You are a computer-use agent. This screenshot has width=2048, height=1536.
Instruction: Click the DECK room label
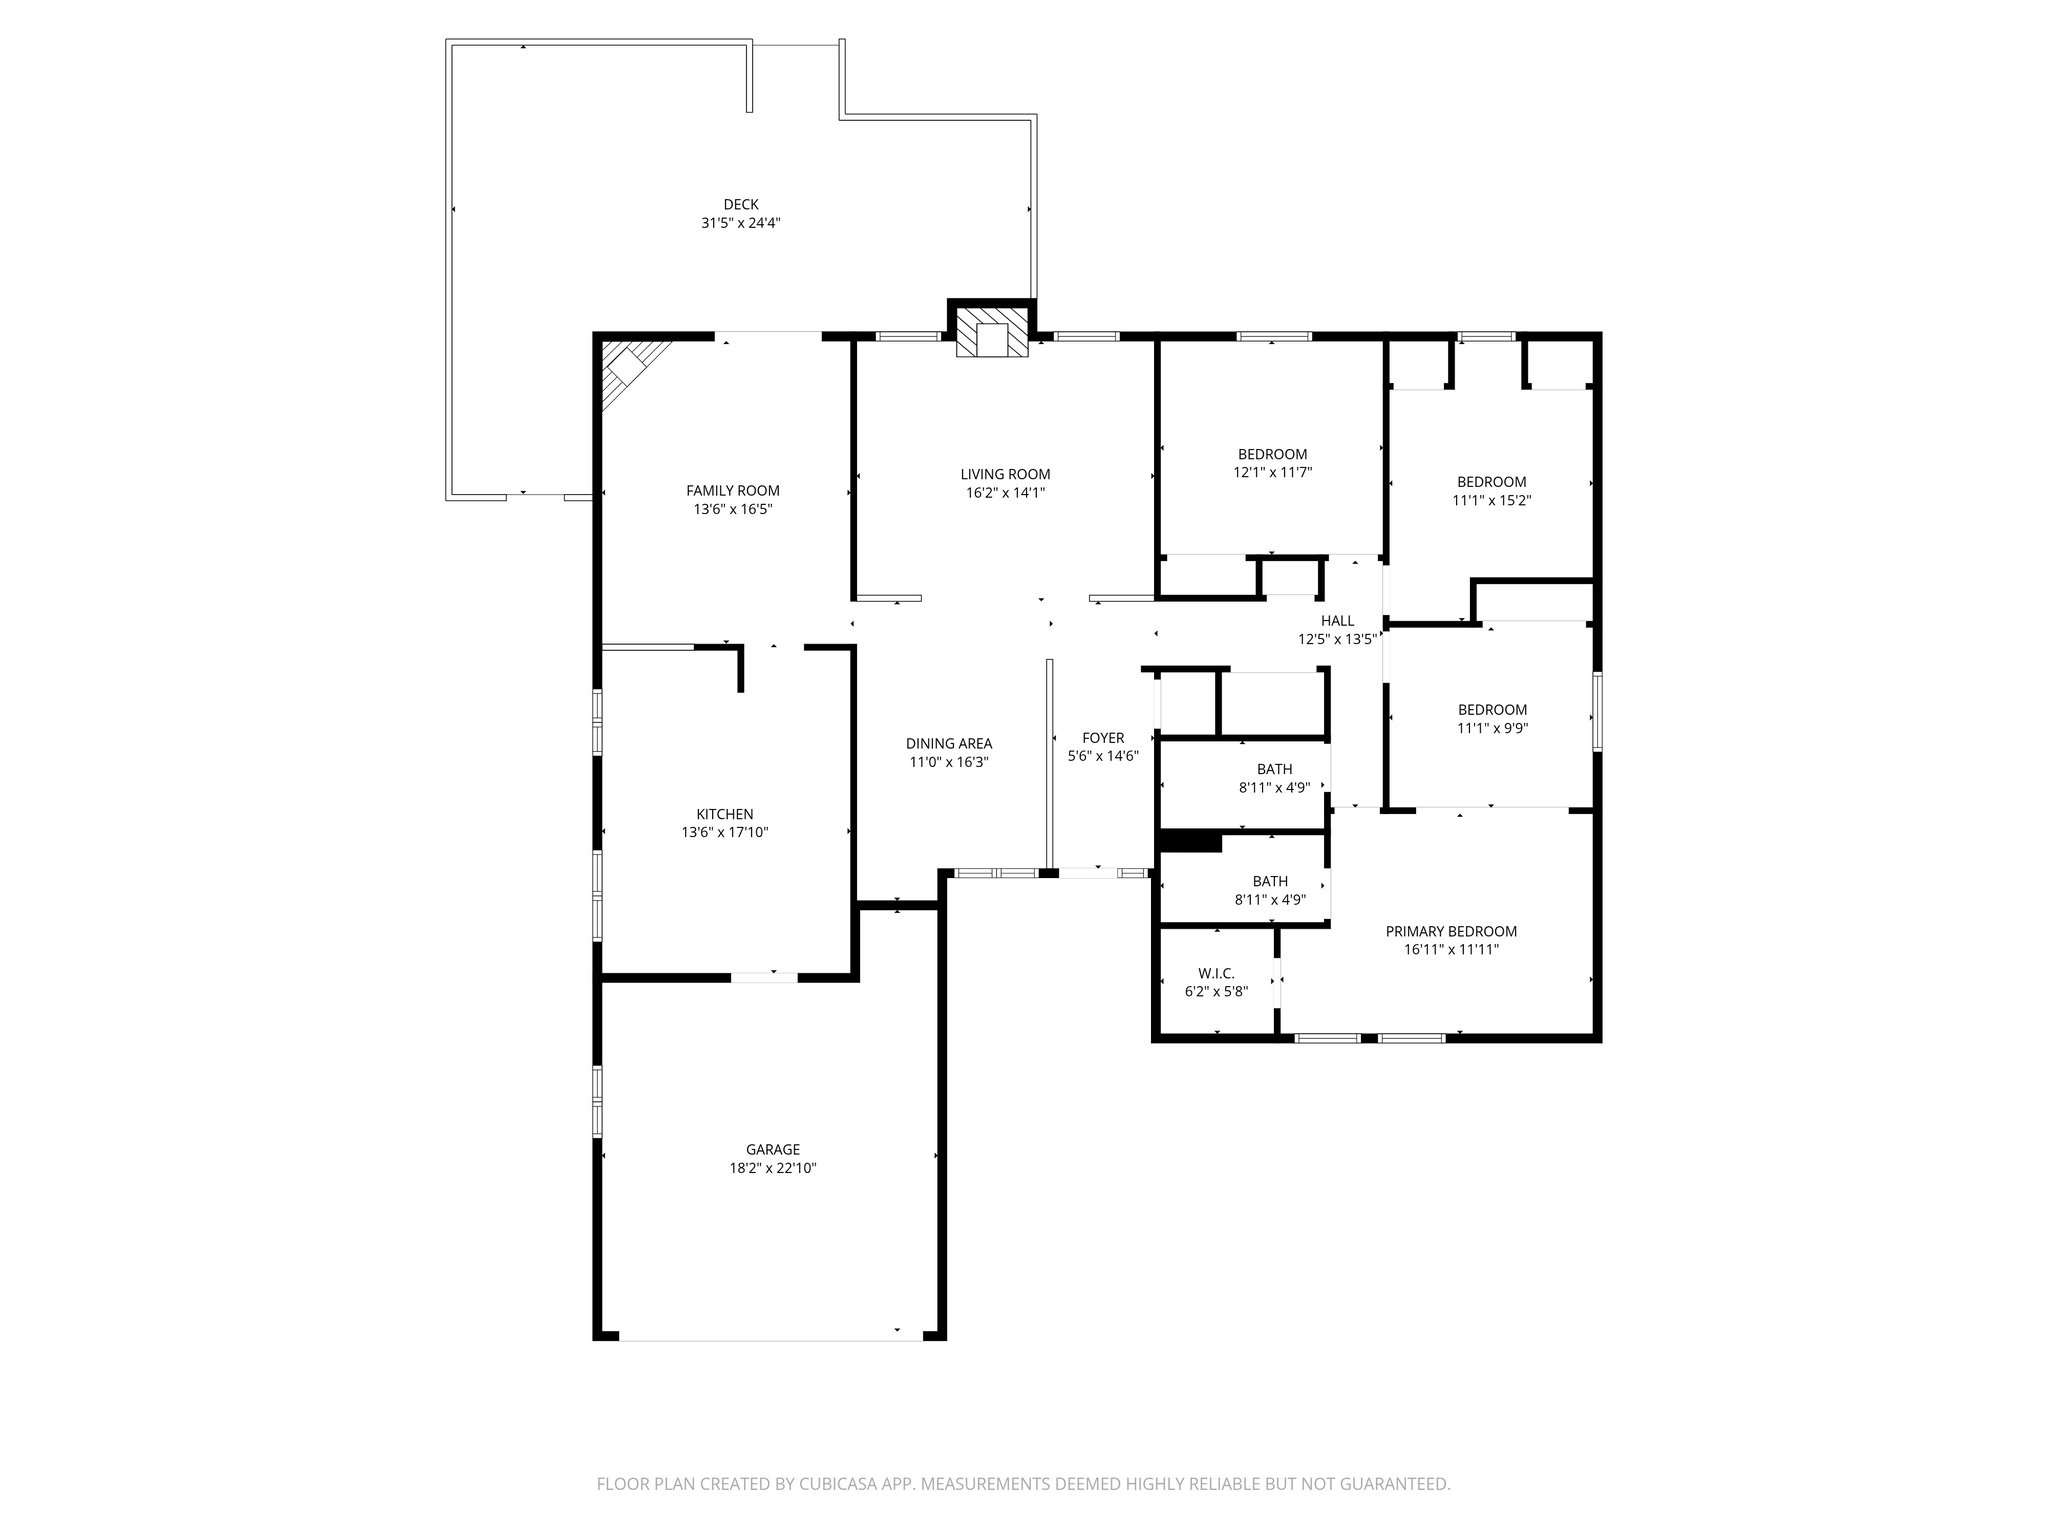tap(741, 205)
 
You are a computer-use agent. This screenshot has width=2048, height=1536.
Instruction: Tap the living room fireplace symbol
tap(991, 333)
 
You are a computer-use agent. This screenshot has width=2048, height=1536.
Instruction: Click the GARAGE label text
tap(772, 1150)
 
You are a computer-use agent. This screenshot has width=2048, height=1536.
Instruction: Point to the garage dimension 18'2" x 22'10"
tap(772, 1168)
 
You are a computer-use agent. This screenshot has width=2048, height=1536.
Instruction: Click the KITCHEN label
tap(725, 814)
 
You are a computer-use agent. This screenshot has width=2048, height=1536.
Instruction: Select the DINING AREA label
tap(949, 743)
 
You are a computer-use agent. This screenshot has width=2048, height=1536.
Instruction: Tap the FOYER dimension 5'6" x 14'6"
tap(1103, 756)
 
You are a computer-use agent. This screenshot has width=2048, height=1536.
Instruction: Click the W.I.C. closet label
tap(1216, 973)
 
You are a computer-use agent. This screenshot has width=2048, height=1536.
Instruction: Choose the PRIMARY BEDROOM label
tap(1451, 931)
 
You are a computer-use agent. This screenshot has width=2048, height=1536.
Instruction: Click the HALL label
tap(1337, 621)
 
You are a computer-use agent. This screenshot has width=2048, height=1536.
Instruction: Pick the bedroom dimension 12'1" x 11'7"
tap(1272, 472)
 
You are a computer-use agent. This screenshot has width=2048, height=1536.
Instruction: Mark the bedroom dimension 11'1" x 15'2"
tap(1491, 500)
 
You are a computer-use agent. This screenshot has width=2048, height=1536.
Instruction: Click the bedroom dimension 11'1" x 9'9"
tap(1492, 728)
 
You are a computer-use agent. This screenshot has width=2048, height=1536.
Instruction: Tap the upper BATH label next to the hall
tap(1274, 769)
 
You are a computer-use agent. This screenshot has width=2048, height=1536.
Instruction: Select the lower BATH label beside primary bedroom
tap(1270, 881)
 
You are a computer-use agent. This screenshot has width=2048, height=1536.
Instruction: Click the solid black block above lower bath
tap(1190, 842)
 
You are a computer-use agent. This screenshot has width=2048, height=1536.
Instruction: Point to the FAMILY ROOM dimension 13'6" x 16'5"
tap(733, 509)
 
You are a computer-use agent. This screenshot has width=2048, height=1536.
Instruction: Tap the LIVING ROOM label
tap(1005, 474)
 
